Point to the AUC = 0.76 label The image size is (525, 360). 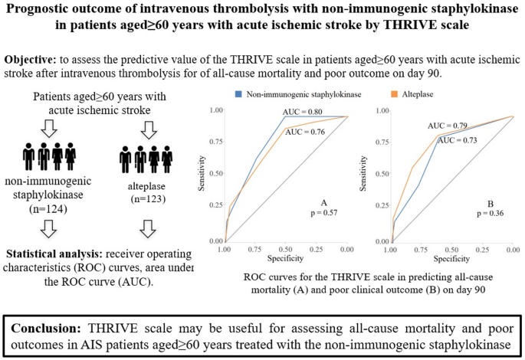point(305,132)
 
